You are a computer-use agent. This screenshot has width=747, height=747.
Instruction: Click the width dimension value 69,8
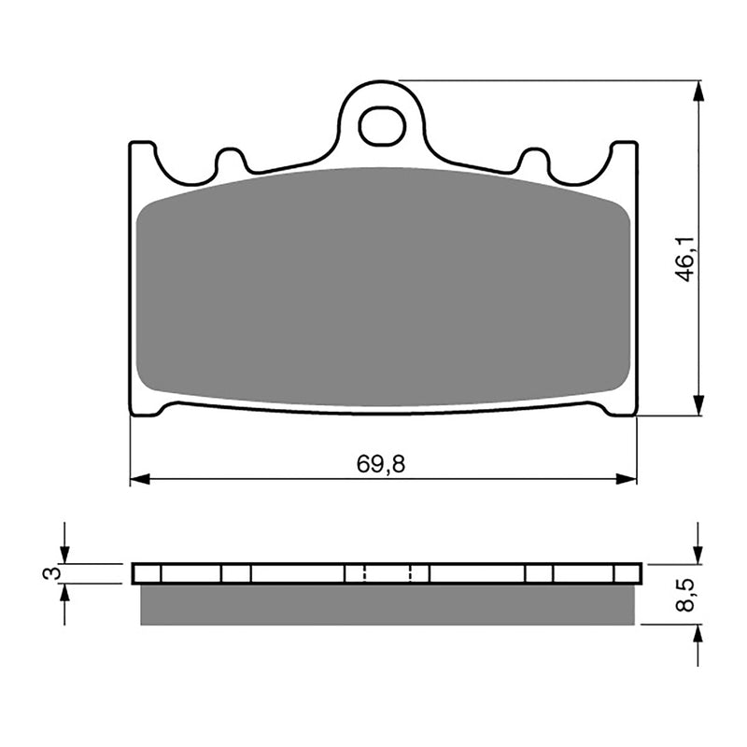point(381,464)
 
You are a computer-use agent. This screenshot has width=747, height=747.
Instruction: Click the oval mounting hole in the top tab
point(381,126)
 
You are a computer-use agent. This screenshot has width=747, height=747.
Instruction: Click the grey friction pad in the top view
point(381,288)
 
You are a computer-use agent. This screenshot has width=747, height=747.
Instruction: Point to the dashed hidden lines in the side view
point(387,573)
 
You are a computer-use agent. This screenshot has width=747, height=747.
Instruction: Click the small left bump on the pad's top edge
point(229,159)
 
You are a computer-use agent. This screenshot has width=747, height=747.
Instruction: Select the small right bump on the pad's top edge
point(534,159)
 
